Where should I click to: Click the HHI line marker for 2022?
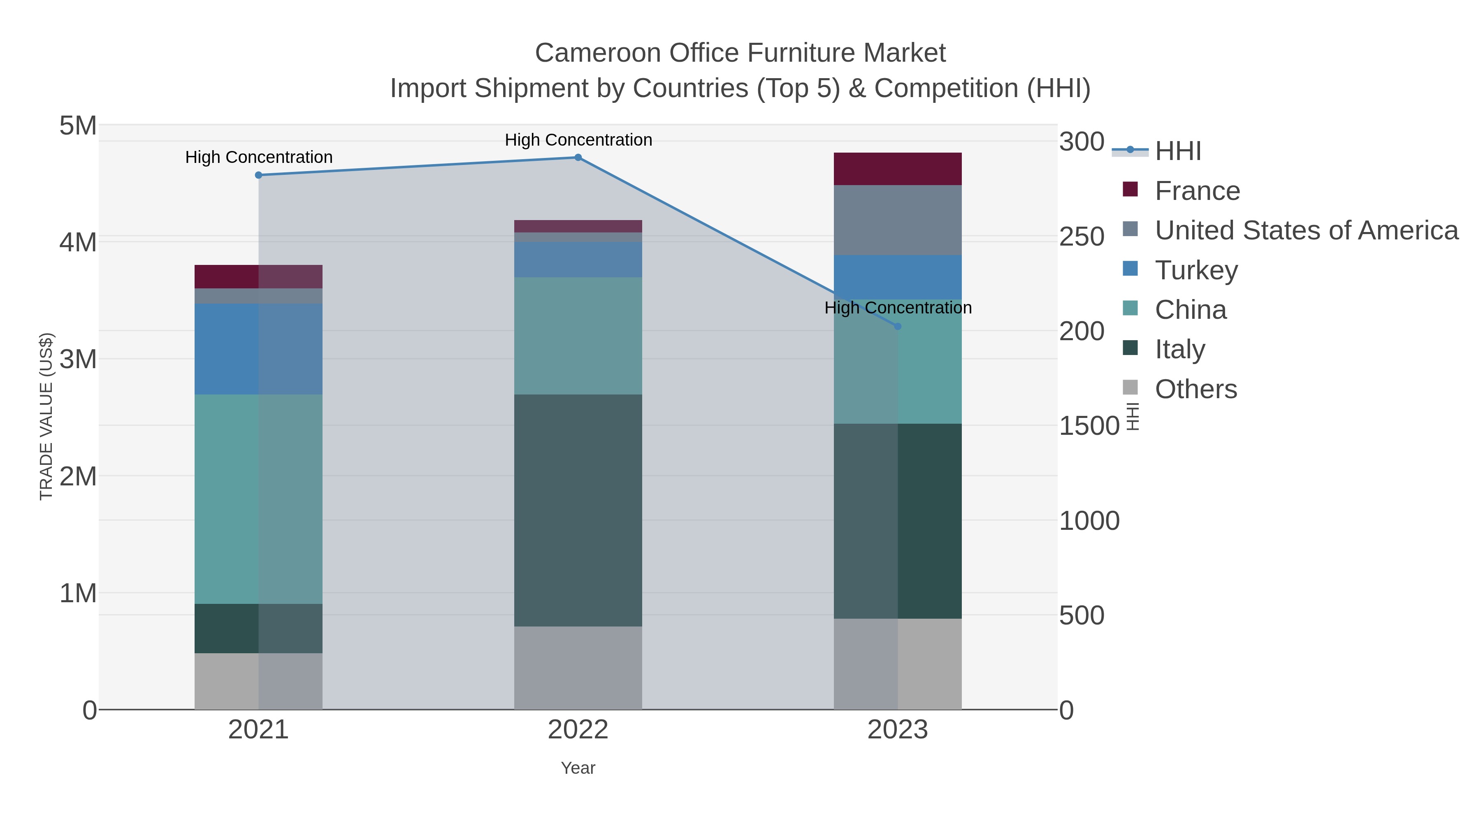pos(578,158)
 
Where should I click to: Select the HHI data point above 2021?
pos(259,175)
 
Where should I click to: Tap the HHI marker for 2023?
pos(898,327)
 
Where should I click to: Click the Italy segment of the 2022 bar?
pos(578,510)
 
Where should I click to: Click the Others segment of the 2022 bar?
pos(578,668)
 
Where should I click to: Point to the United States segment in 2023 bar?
pos(898,220)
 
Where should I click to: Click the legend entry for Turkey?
pos(1196,270)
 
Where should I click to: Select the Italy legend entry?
pos(1180,350)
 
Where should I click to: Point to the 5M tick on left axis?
pos(78,126)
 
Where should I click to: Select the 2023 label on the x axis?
pos(898,730)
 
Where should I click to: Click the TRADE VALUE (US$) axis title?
pos(46,416)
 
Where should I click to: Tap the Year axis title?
pos(578,768)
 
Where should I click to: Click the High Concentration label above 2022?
pos(578,140)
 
